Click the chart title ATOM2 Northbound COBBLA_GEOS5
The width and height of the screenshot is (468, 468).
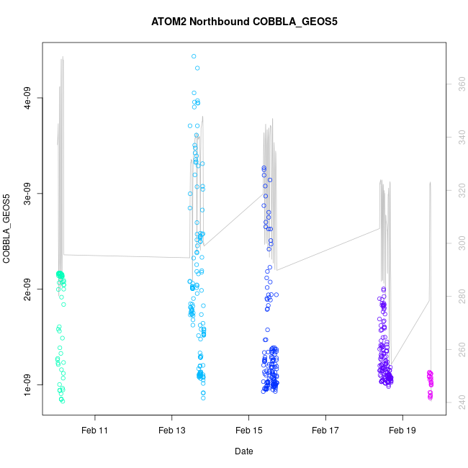pyautogui.click(x=244, y=21)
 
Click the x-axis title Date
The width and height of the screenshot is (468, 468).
pyautogui.click(x=243, y=451)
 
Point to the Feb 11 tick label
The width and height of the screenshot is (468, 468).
pyautogui.click(x=94, y=431)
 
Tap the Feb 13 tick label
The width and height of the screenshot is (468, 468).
pyautogui.click(x=171, y=431)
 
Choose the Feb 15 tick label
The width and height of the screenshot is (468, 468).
pyautogui.click(x=248, y=431)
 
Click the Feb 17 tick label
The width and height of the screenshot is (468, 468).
pyautogui.click(x=325, y=431)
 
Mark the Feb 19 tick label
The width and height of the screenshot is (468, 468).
pyautogui.click(x=402, y=431)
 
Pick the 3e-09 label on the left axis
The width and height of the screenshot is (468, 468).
pyautogui.click(x=27, y=193)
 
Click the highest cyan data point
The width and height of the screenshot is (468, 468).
pyautogui.click(x=194, y=56)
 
